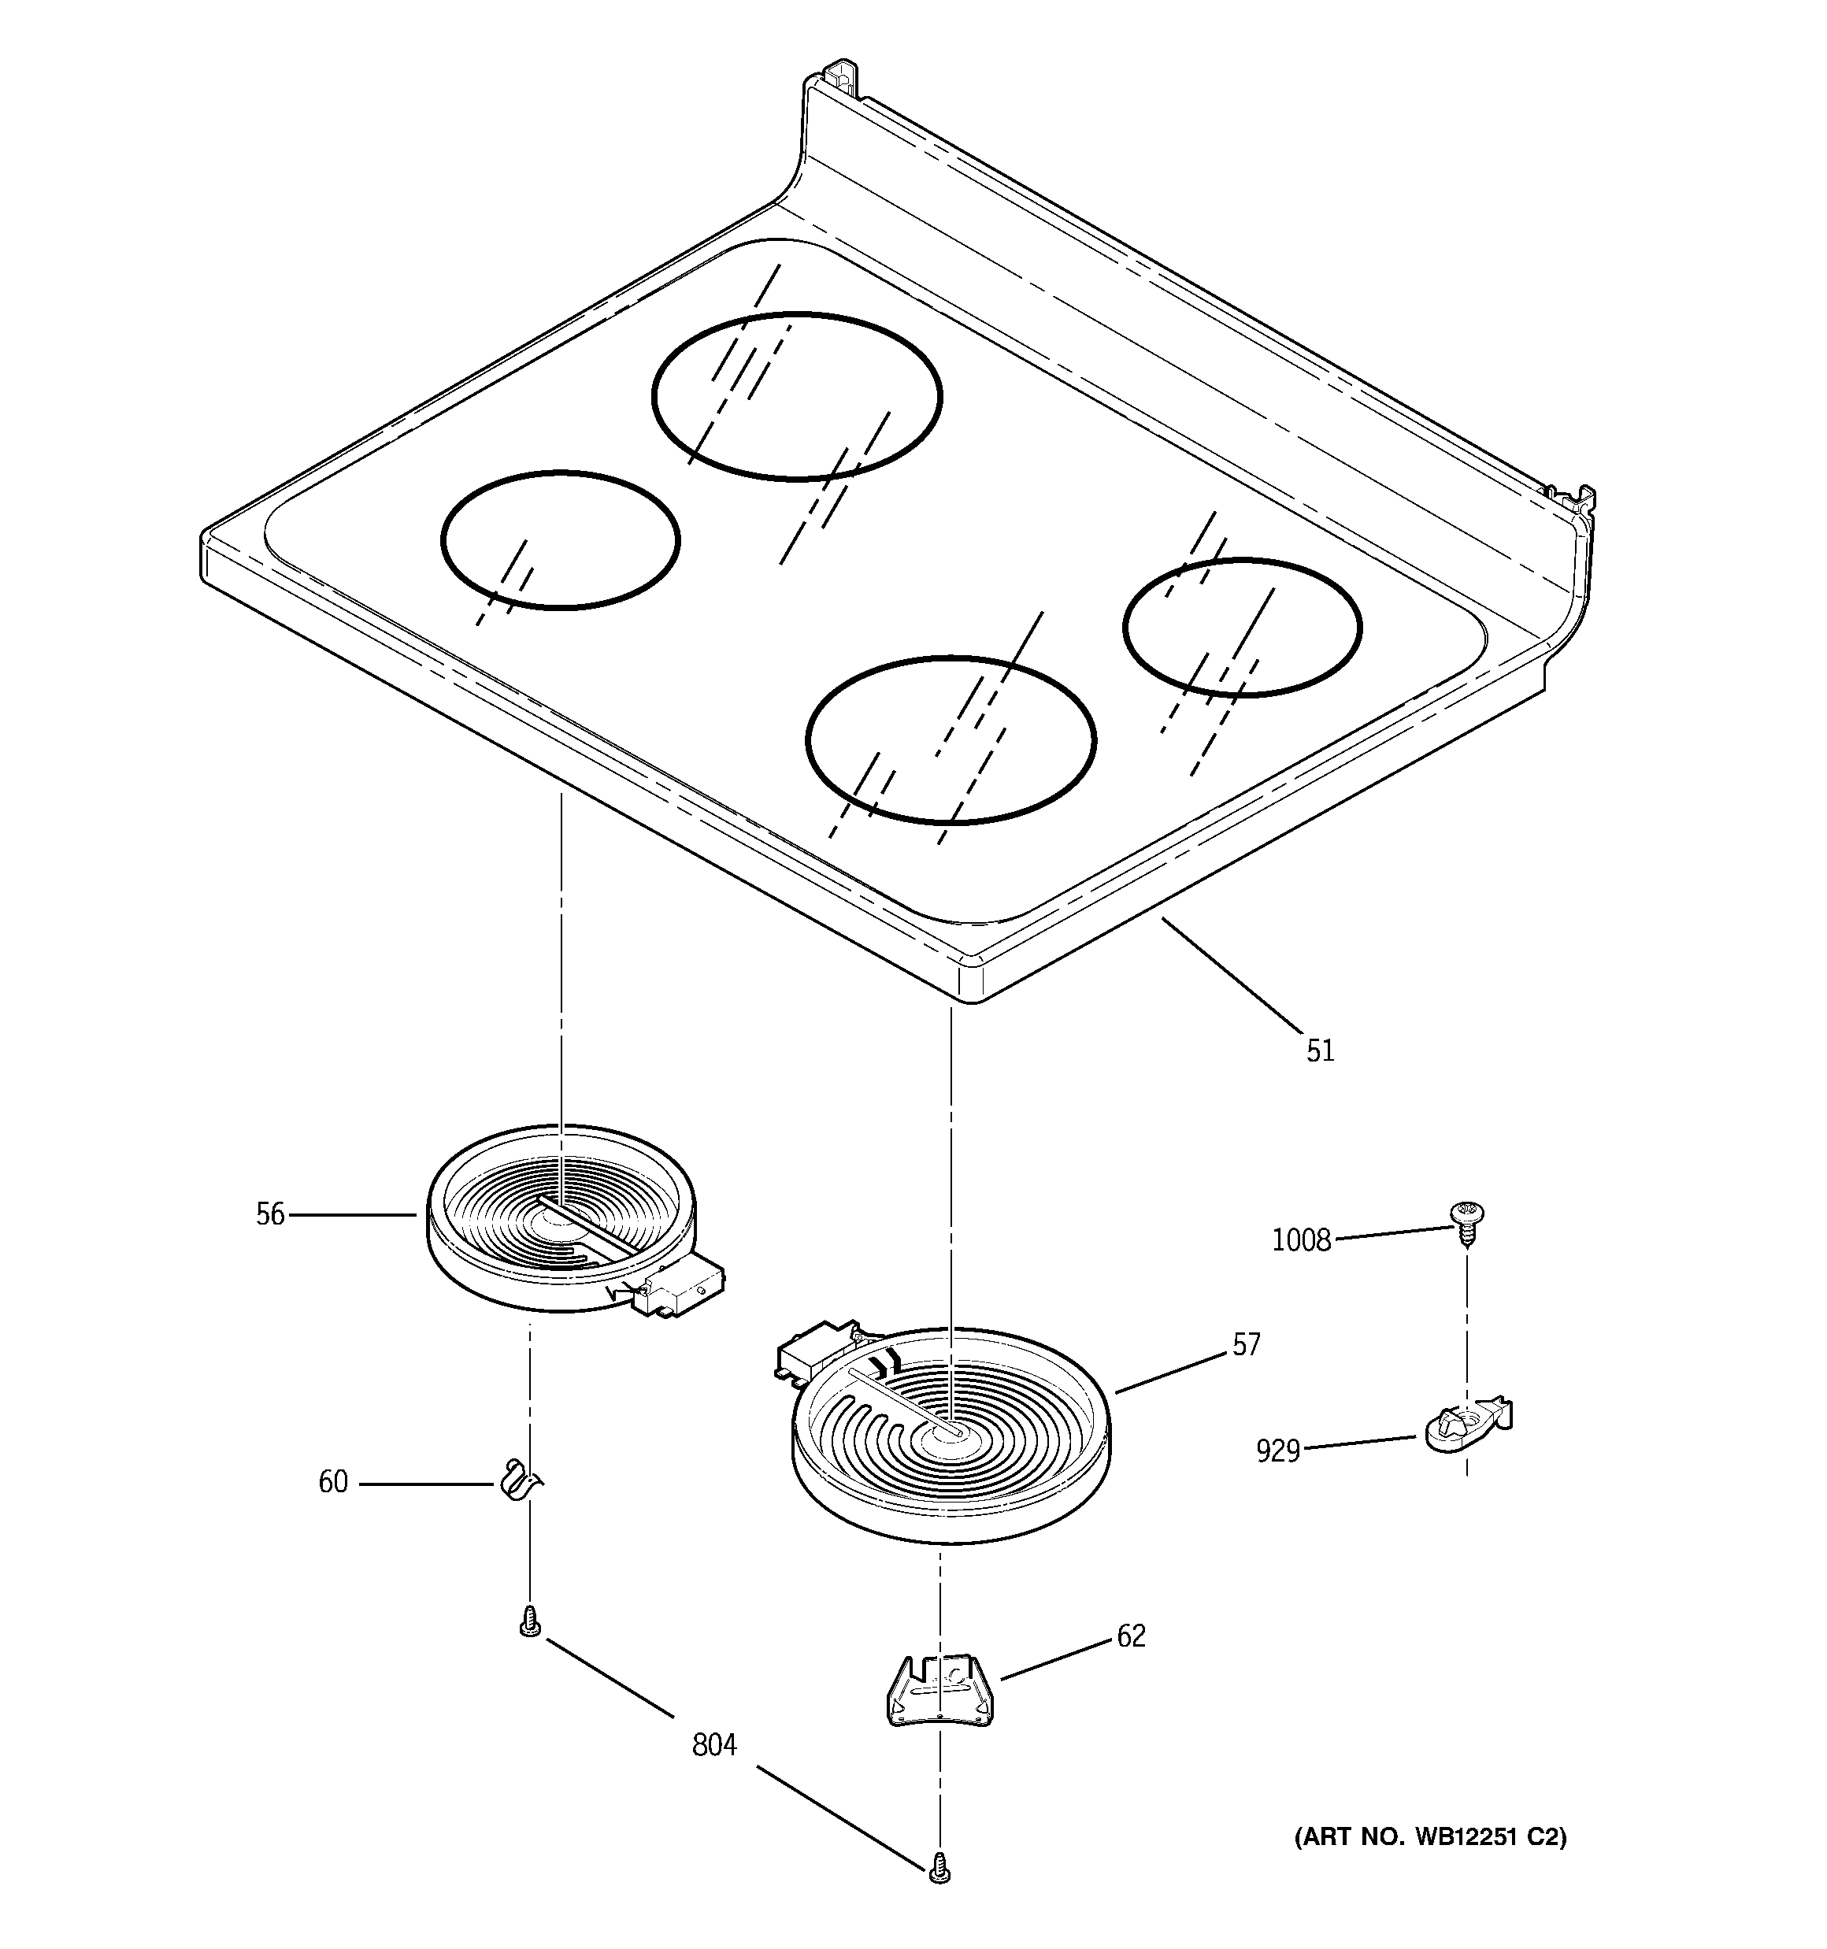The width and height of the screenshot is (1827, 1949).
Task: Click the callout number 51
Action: point(1320,1051)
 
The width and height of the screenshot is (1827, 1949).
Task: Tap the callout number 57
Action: point(1246,1345)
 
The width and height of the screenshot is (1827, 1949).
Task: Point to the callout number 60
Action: point(332,1481)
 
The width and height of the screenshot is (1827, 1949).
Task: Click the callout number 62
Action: point(1131,1636)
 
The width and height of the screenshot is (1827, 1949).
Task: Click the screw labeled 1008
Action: point(1466,1221)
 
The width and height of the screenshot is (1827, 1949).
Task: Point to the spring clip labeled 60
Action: point(517,1480)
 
